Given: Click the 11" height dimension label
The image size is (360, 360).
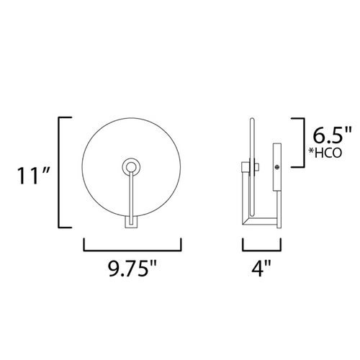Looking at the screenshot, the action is click(x=34, y=176).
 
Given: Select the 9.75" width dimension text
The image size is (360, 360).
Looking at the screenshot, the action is click(x=132, y=269).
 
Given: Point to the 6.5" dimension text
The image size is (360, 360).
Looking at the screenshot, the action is click(x=333, y=135).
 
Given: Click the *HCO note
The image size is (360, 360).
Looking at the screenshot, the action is click(x=325, y=153).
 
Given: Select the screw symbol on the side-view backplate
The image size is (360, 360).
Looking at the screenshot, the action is click(x=277, y=167).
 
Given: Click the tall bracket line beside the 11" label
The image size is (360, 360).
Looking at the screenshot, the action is click(x=59, y=172).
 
